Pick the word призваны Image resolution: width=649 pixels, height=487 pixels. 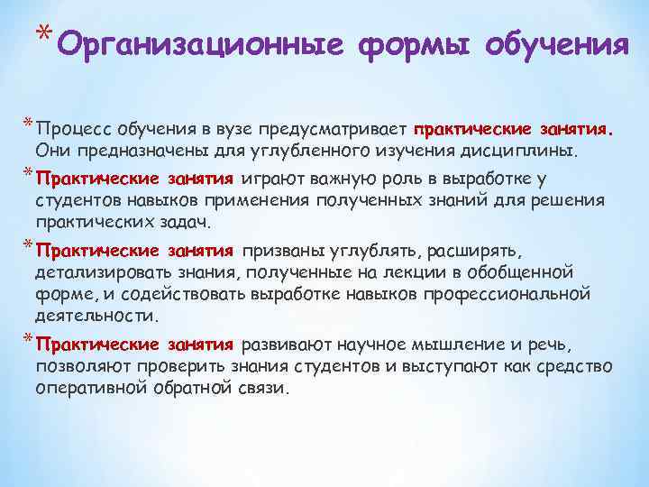click(x=285, y=249)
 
